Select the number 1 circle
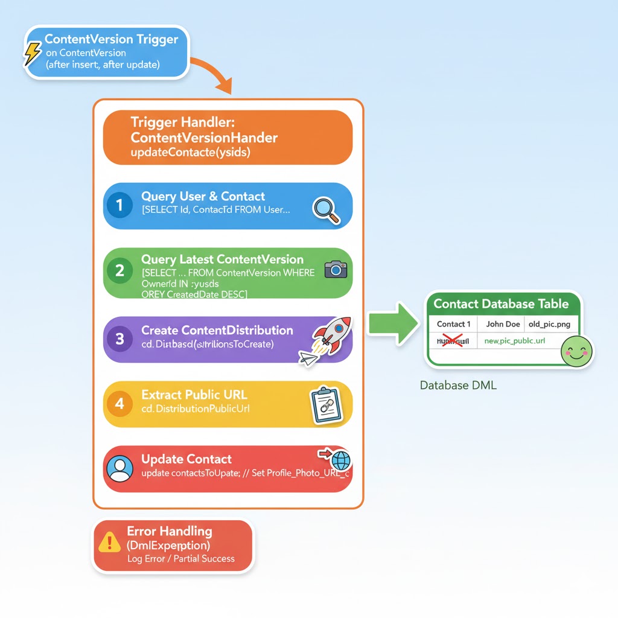(119, 205)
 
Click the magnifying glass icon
(325, 210)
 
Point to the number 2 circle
(119, 270)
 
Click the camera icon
(336, 269)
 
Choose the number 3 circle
(119, 339)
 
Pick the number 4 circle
(119, 403)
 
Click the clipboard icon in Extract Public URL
(325, 404)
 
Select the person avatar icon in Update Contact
(119, 468)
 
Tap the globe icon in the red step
(340, 462)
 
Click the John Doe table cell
(503, 324)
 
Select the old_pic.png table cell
(549, 324)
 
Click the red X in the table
(452, 341)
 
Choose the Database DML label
(458, 385)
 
